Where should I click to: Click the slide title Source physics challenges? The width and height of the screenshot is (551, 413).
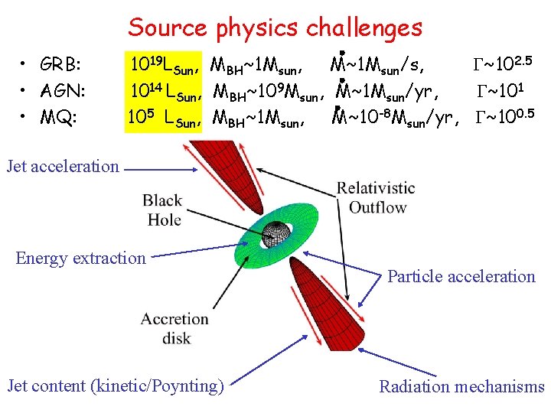275,28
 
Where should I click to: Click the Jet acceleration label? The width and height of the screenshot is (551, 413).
64,166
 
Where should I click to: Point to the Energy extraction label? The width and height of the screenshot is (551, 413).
80,258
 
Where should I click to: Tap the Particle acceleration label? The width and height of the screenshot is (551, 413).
461,277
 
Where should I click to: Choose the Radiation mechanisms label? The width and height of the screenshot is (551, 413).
461,386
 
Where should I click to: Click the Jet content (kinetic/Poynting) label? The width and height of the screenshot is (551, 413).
116,386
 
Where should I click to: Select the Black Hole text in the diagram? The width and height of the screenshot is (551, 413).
162,210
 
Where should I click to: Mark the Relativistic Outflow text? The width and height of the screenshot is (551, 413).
377,197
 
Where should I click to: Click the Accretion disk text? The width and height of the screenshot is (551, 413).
174,327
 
